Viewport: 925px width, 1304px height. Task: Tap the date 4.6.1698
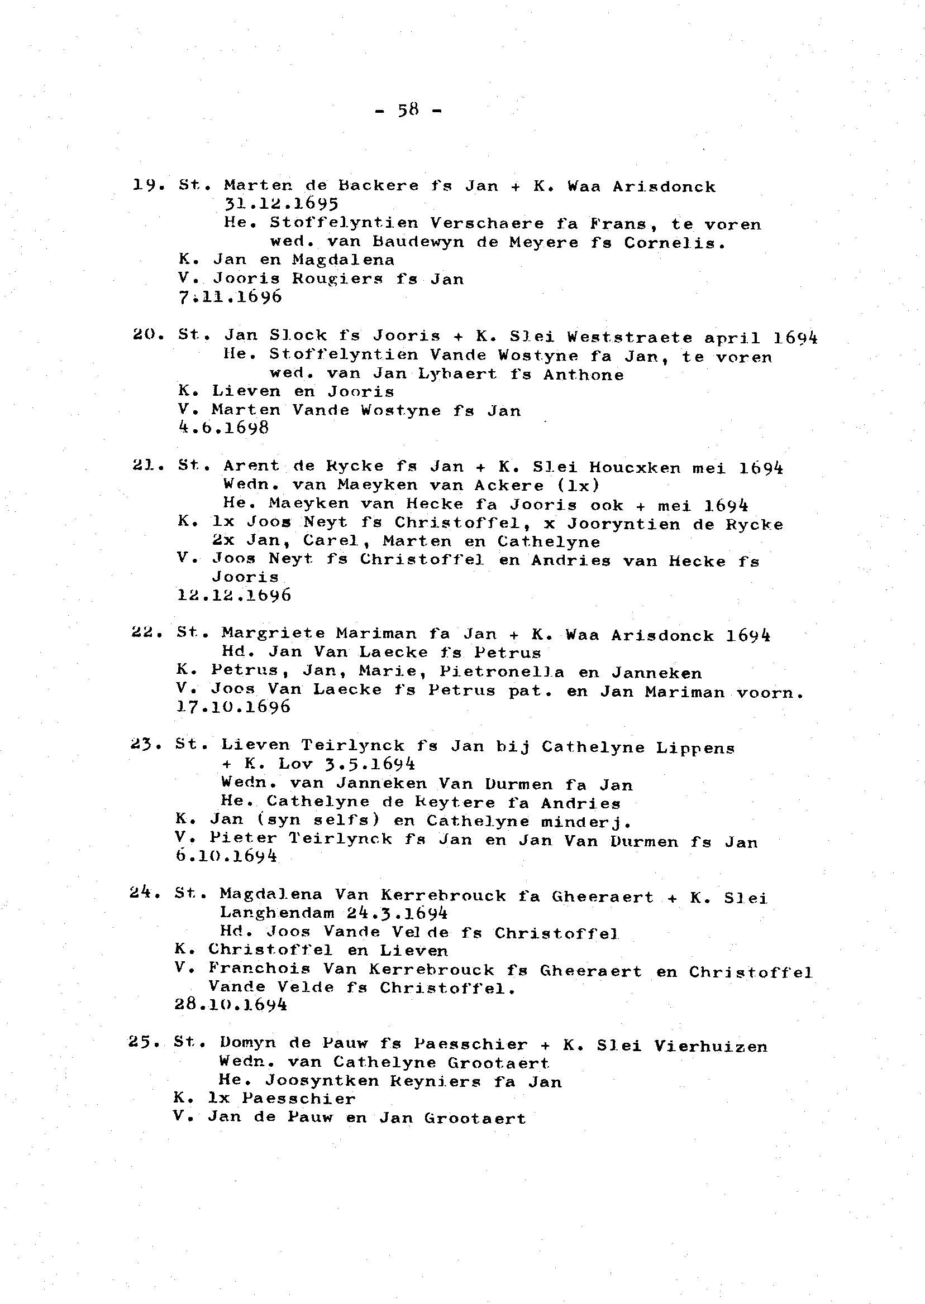click(223, 428)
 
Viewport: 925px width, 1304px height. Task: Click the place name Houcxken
click(635, 468)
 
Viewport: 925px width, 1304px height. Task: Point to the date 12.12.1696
click(234, 596)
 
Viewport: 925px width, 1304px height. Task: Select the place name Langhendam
click(277, 913)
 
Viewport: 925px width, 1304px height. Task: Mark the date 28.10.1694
click(231, 1005)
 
